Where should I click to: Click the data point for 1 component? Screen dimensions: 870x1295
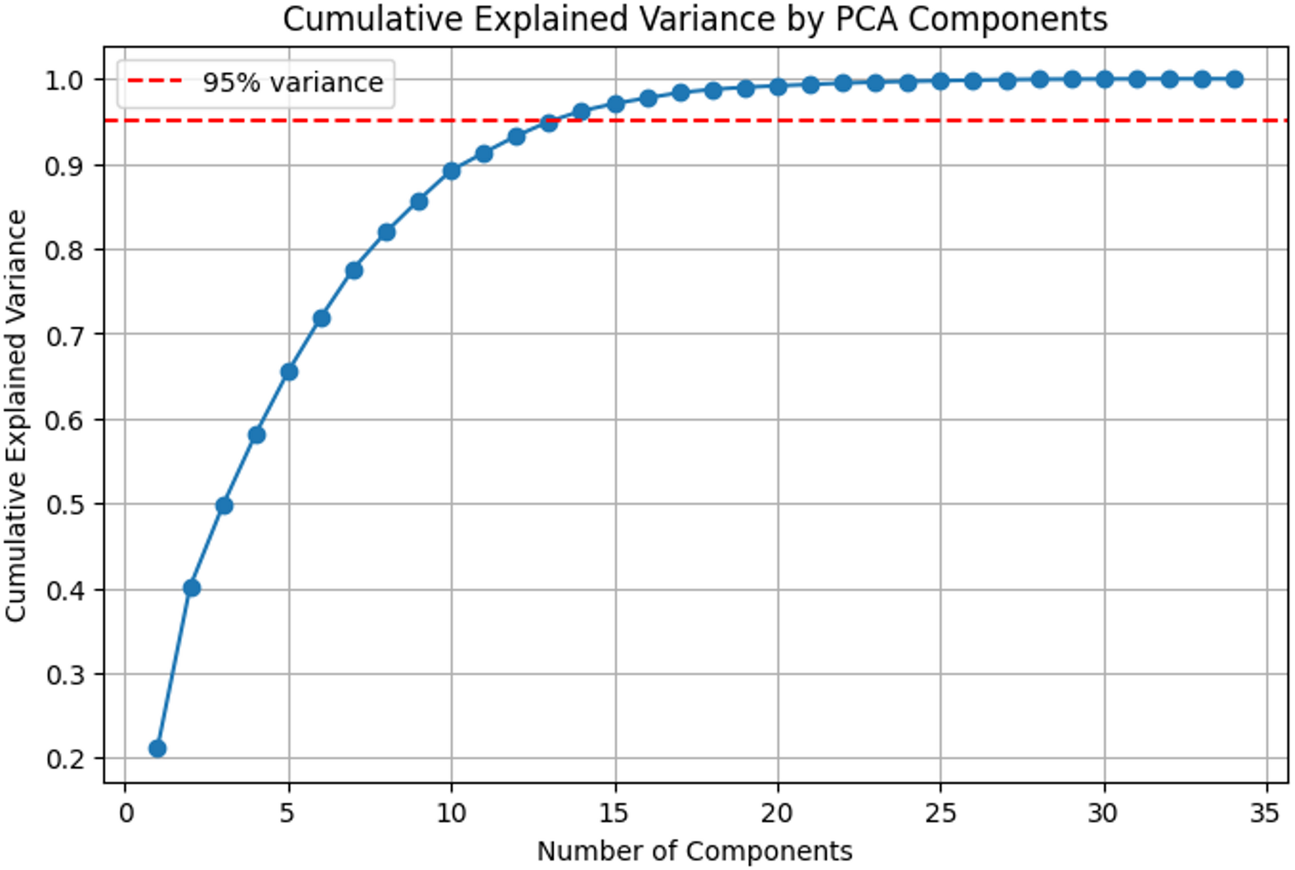coord(157,749)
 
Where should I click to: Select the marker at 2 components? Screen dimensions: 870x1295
coord(192,588)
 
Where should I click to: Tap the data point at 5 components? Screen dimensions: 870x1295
coord(289,372)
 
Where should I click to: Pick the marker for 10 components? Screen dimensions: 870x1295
coord(451,171)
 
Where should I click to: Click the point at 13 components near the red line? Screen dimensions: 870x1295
coord(549,123)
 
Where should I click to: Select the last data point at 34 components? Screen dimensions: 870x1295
coord(1234,79)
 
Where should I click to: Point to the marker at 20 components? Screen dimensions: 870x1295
coord(778,86)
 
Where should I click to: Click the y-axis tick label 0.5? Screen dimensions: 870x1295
coord(64,505)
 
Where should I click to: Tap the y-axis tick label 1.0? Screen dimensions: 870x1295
coord(64,81)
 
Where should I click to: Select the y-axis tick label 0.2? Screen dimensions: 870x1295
coord(64,759)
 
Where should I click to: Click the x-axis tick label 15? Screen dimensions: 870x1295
coord(614,813)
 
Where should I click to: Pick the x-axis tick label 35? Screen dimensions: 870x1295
coord(1264,813)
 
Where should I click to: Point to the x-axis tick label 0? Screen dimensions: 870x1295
coord(126,813)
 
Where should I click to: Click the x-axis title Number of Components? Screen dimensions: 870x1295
coord(695,851)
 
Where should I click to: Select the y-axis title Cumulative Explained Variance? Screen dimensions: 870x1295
coord(15,416)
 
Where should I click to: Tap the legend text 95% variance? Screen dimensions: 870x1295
coord(293,83)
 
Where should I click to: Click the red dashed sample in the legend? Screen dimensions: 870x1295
coord(155,81)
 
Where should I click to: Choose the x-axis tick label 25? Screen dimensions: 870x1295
coord(940,813)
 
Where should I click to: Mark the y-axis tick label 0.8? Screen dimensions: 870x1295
coord(64,250)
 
